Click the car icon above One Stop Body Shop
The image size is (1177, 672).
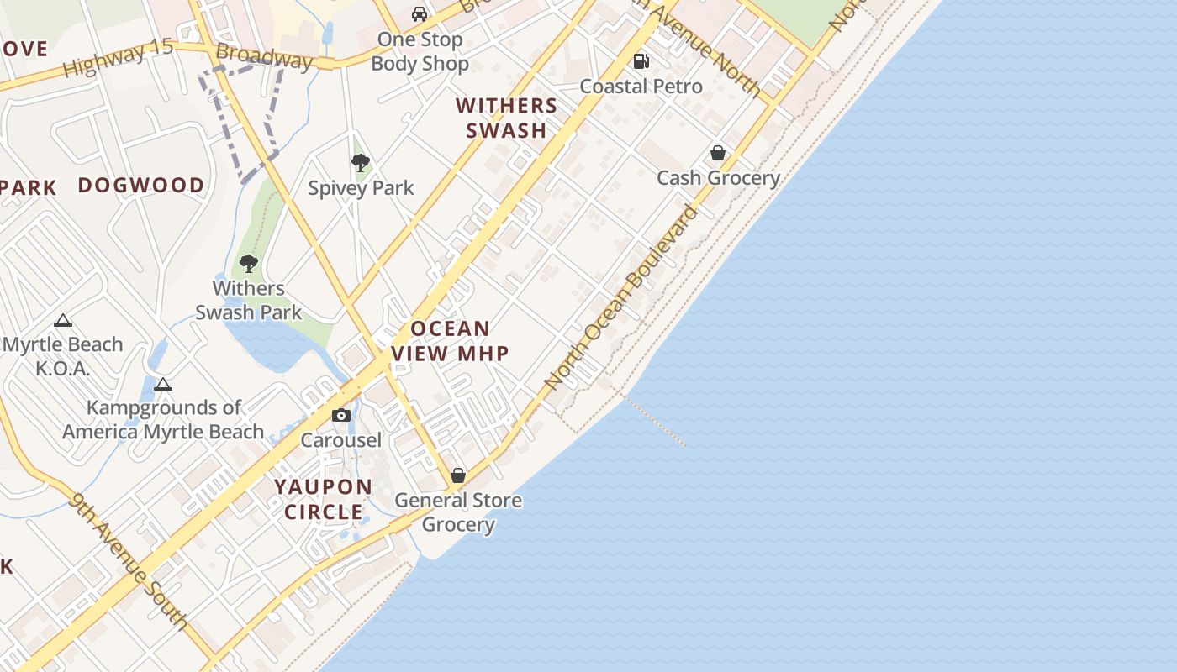(419, 14)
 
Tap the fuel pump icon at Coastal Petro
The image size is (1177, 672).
(641, 61)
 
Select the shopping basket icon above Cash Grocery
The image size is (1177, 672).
(718, 153)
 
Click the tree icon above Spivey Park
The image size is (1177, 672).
(361, 163)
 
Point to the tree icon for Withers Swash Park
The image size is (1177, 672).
(248, 264)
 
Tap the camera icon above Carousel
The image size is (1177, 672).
(340, 415)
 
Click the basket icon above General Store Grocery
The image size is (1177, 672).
(458, 475)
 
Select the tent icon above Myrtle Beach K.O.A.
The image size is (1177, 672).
(62, 320)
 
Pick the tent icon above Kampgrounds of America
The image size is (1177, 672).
(163, 384)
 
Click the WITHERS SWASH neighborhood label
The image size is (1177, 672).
(507, 118)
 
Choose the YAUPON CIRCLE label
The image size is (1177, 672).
(324, 499)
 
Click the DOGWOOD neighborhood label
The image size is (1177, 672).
(141, 185)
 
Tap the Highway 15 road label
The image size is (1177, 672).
(118, 59)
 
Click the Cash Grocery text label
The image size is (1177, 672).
(718, 178)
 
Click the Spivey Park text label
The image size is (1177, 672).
(361, 188)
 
